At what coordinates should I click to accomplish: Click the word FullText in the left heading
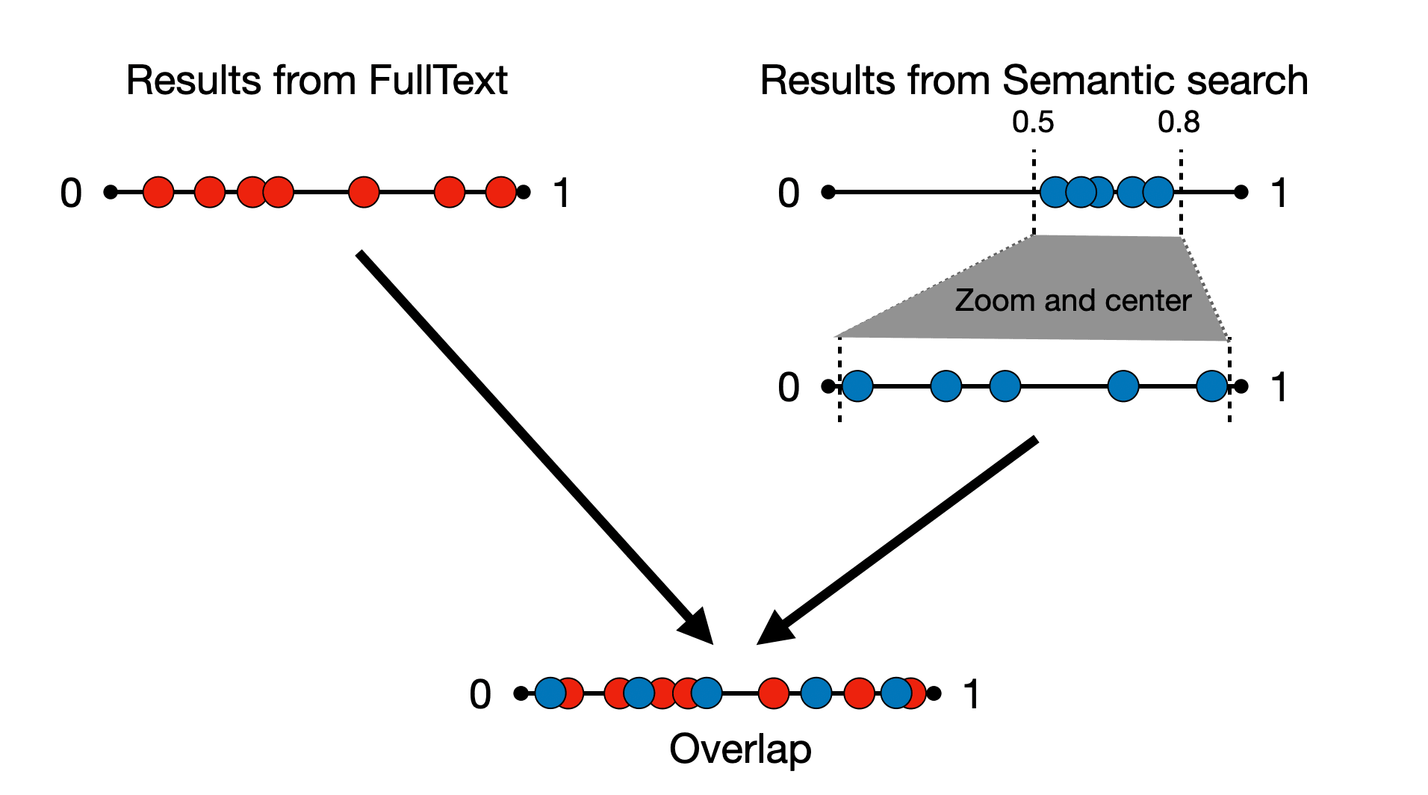click(x=438, y=81)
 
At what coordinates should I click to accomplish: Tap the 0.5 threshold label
click(x=1033, y=123)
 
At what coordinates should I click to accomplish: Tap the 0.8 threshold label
click(x=1179, y=123)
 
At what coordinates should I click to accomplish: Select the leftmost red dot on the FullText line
click(x=158, y=192)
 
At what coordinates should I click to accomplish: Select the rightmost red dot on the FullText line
click(x=500, y=192)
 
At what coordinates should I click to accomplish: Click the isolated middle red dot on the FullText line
click(x=364, y=192)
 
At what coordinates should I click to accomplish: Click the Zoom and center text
click(x=1072, y=300)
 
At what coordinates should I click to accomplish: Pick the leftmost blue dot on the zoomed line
click(x=857, y=386)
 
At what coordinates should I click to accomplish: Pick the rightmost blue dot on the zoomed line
click(x=1211, y=386)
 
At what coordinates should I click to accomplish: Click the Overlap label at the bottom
click(x=739, y=749)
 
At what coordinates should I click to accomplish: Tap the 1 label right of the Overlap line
click(x=971, y=694)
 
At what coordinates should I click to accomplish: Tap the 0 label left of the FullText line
click(x=71, y=194)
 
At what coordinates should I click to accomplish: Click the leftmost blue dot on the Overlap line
click(x=550, y=693)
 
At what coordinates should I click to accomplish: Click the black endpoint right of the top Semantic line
click(x=1241, y=192)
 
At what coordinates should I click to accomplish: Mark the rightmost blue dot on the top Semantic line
click(x=1158, y=192)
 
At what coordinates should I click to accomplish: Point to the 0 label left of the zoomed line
click(x=789, y=388)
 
